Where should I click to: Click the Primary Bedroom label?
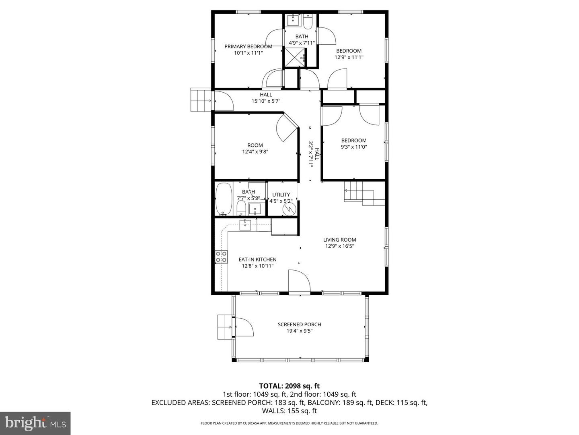[x=248, y=46]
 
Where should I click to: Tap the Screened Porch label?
[x=299, y=325]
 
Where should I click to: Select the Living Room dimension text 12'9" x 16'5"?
[x=339, y=246]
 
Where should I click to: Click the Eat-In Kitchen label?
[x=257, y=259]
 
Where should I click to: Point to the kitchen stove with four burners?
[x=221, y=257]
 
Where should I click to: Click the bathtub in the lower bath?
[x=224, y=199]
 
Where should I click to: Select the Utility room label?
[x=281, y=195]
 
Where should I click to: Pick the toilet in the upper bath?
[x=308, y=22]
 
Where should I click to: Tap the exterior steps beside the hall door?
[x=201, y=100]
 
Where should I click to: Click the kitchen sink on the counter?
[x=245, y=225]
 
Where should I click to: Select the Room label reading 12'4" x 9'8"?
[x=255, y=149]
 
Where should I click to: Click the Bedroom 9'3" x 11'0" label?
[x=354, y=143]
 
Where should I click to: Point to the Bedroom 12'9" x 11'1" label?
[x=349, y=54]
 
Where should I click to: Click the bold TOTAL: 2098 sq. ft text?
[x=289, y=386]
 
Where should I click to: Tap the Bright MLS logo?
[x=35, y=423]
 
